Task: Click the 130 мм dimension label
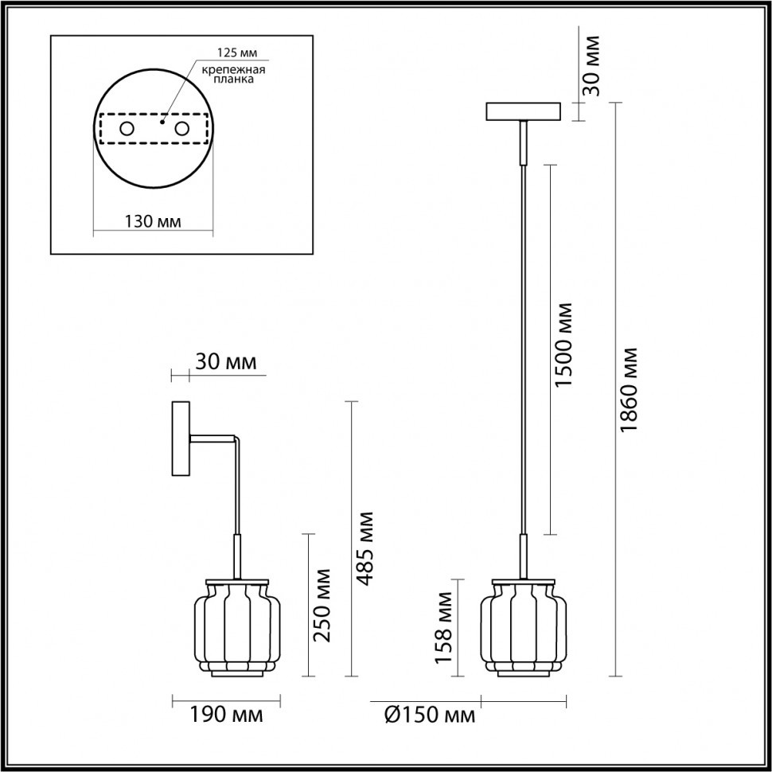tap(153, 220)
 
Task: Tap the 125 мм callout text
tap(237, 53)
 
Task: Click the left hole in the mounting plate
tap(127, 128)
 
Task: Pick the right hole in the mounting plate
tap(182, 128)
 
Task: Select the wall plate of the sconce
tap(181, 440)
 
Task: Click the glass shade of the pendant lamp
tap(523, 628)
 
